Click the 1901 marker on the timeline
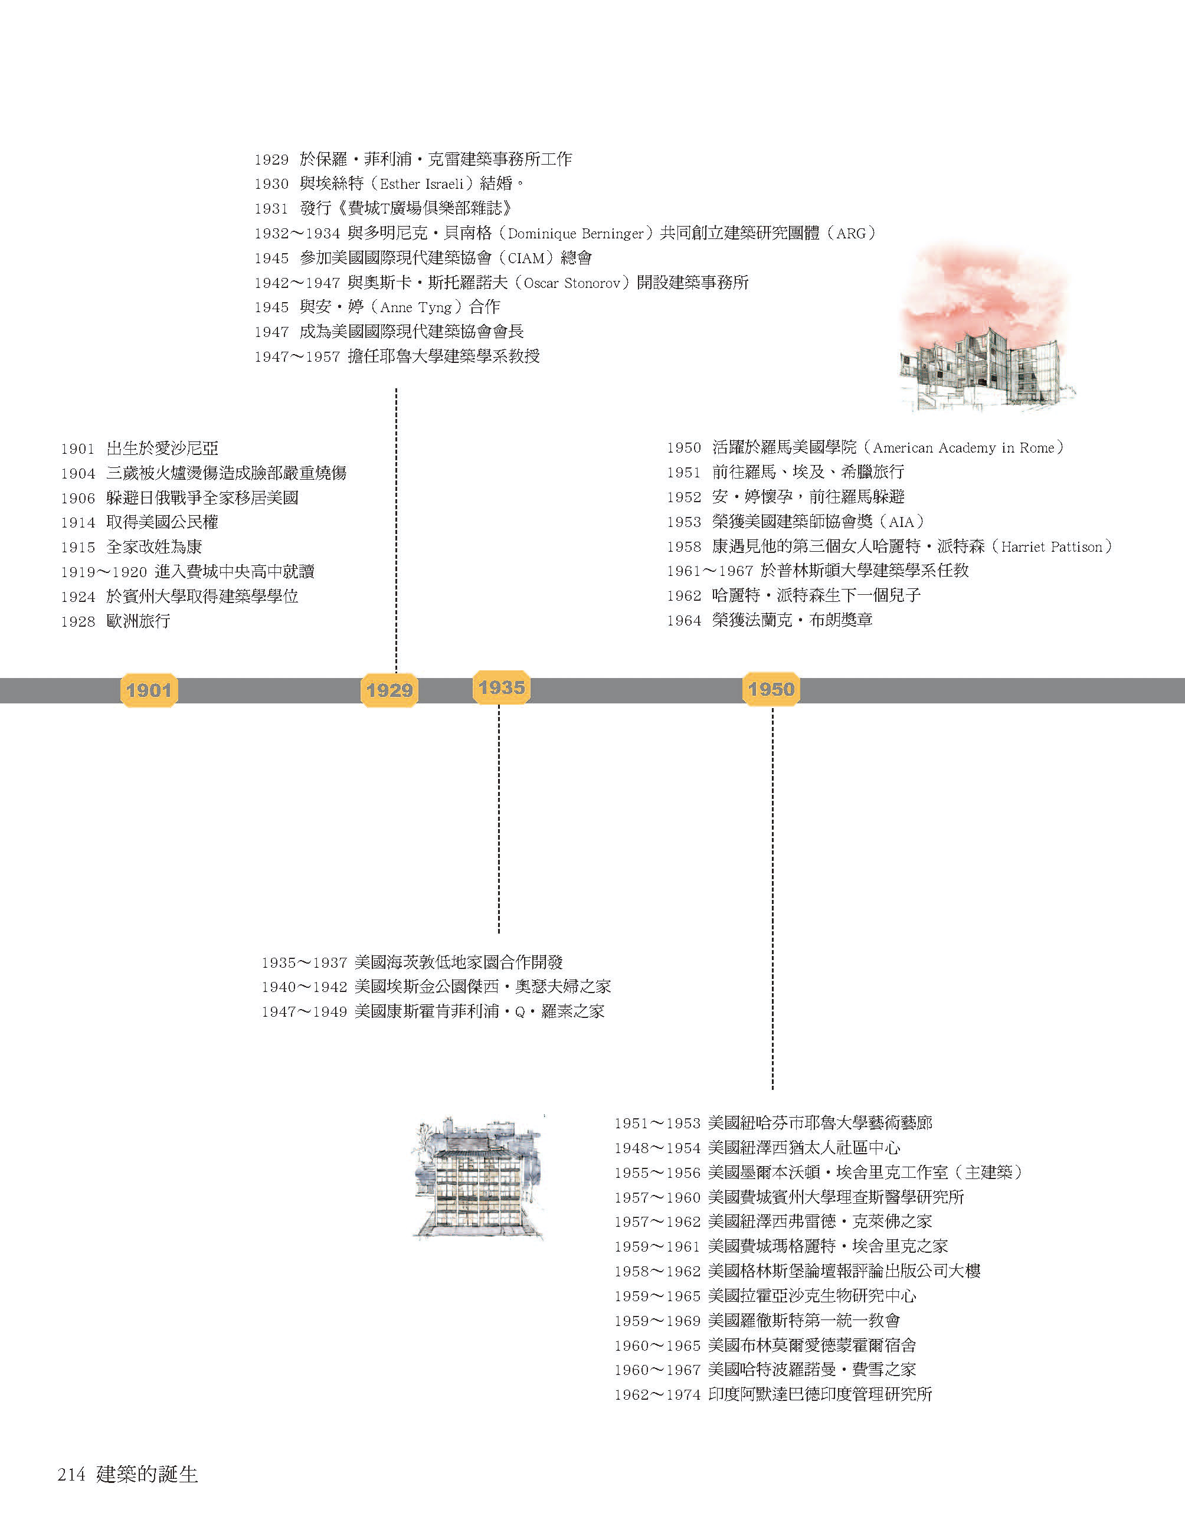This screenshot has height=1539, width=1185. tap(149, 690)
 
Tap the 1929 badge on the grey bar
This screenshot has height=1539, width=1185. tap(389, 690)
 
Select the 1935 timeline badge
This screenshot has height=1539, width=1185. tap(501, 687)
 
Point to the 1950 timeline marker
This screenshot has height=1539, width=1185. tap(771, 689)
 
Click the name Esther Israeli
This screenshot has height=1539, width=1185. tap(421, 184)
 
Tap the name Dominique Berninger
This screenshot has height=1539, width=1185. tap(575, 233)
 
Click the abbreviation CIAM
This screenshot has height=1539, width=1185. tap(526, 258)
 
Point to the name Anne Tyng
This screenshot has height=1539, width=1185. tap(415, 307)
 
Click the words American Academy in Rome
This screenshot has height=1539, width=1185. tap(964, 447)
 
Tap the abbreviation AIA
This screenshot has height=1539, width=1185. tap(901, 522)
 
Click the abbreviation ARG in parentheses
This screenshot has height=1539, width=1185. tap(851, 233)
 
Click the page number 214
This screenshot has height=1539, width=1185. tap(71, 1474)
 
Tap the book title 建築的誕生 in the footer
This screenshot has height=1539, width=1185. tap(148, 1474)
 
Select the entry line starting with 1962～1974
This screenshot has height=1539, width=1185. tap(773, 1394)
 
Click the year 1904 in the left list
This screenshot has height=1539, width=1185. tap(77, 473)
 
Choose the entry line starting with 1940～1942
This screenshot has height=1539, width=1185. tap(436, 987)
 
